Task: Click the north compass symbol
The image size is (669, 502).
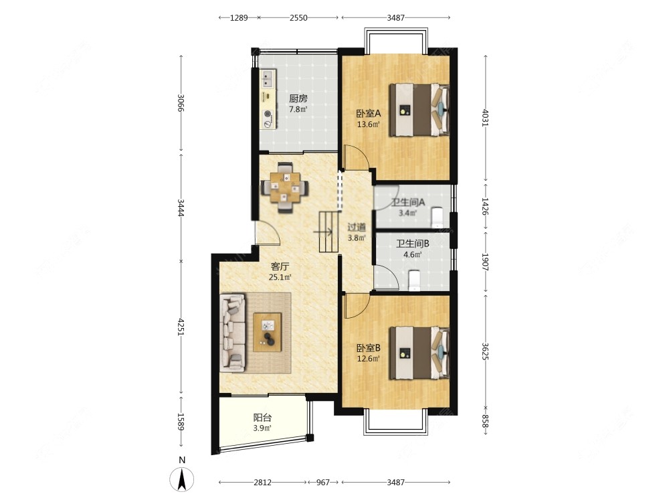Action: click(182, 479)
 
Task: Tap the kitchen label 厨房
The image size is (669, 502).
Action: click(298, 98)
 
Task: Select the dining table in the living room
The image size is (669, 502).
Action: click(284, 187)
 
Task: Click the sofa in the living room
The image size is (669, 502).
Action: click(233, 332)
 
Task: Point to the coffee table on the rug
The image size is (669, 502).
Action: click(268, 332)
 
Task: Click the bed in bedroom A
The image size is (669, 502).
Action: click(419, 110)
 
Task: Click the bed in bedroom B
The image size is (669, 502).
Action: click(419, 353)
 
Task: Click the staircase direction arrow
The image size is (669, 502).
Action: click(323, 232)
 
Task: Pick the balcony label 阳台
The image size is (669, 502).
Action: click(262, 418)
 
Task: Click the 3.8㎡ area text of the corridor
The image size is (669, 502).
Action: click(357, 238)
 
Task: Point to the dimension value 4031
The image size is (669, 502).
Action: click(485, 118)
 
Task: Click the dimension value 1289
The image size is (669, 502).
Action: click(239, 17)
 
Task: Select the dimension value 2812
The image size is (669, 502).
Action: click(262, 483)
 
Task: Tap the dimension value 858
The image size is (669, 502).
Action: click(485, 421)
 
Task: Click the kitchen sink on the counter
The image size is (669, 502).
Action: click(268, 79)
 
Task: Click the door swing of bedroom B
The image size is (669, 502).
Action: click(357, 306)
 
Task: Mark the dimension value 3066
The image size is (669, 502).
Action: click(181, 103)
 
